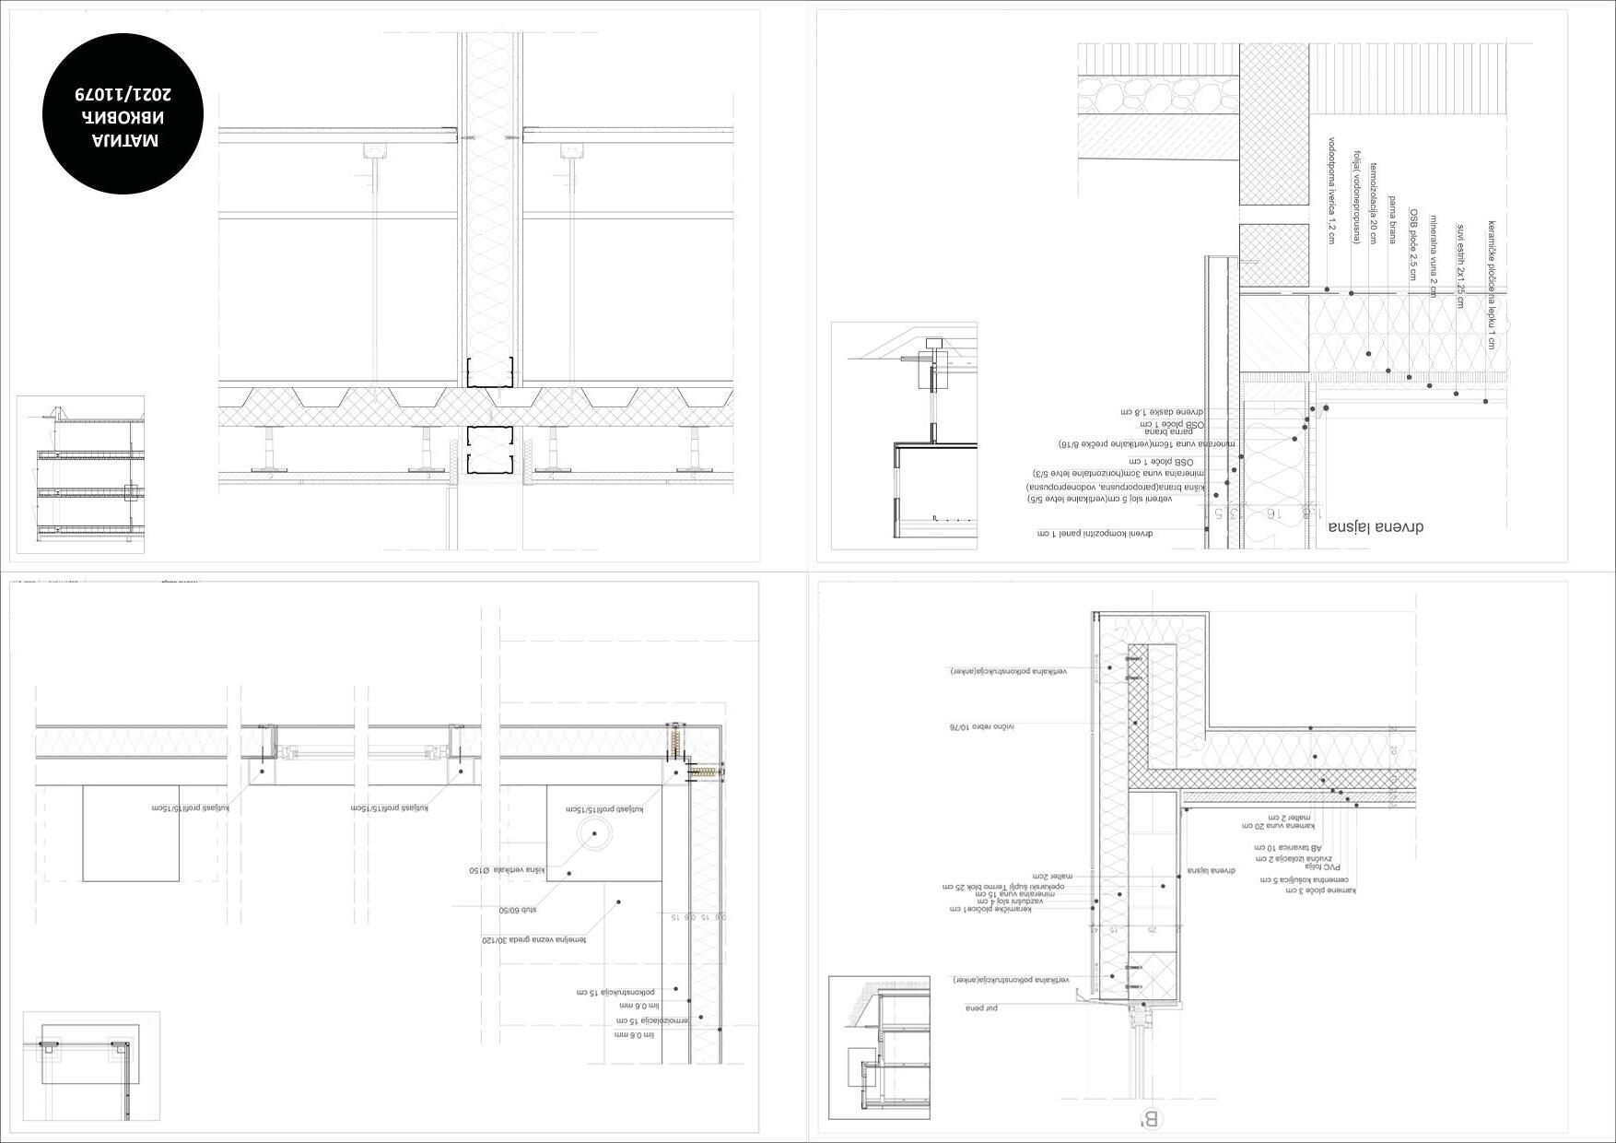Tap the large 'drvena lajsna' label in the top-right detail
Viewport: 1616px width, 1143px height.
[x=1376, y=527]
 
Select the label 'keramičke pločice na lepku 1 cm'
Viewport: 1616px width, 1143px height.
[x=1491, y=285]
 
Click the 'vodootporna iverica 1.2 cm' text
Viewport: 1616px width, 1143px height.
[x=1331, y=191]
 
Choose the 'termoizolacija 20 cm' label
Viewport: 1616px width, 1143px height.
[x=1373, y=203]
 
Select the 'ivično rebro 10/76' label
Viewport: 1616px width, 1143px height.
[x=982, y=726]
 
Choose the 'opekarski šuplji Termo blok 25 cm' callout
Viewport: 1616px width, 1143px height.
[x=1004, y=886]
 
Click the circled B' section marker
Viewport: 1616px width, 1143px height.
[x=1152, y=1119]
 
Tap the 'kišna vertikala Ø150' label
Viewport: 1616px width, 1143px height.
[x=508, y=870]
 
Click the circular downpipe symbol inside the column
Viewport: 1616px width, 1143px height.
[x=594, y=833]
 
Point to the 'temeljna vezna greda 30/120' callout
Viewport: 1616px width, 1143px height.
[x=533, y=940]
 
